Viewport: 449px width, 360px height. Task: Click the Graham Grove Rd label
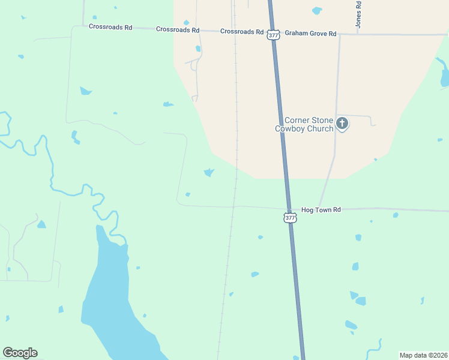[310, 34]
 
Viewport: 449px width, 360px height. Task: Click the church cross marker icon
[342, 124]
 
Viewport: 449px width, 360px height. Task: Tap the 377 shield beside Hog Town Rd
[290, 218]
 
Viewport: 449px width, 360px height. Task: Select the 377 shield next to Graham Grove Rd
[274, 35]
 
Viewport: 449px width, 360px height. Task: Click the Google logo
[20, 353]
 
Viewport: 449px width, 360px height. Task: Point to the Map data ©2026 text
[423, 355]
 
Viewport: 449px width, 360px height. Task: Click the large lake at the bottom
[114, 300]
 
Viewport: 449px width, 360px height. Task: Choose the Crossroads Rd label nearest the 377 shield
[242, 31]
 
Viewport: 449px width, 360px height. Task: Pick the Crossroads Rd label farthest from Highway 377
[110, 26]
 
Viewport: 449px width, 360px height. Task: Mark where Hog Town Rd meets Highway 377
[286, 209]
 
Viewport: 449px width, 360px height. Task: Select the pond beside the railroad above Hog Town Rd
[209, 173]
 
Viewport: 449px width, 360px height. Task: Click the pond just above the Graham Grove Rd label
[316, 10]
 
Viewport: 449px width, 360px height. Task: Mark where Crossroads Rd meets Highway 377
[272, 32]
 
